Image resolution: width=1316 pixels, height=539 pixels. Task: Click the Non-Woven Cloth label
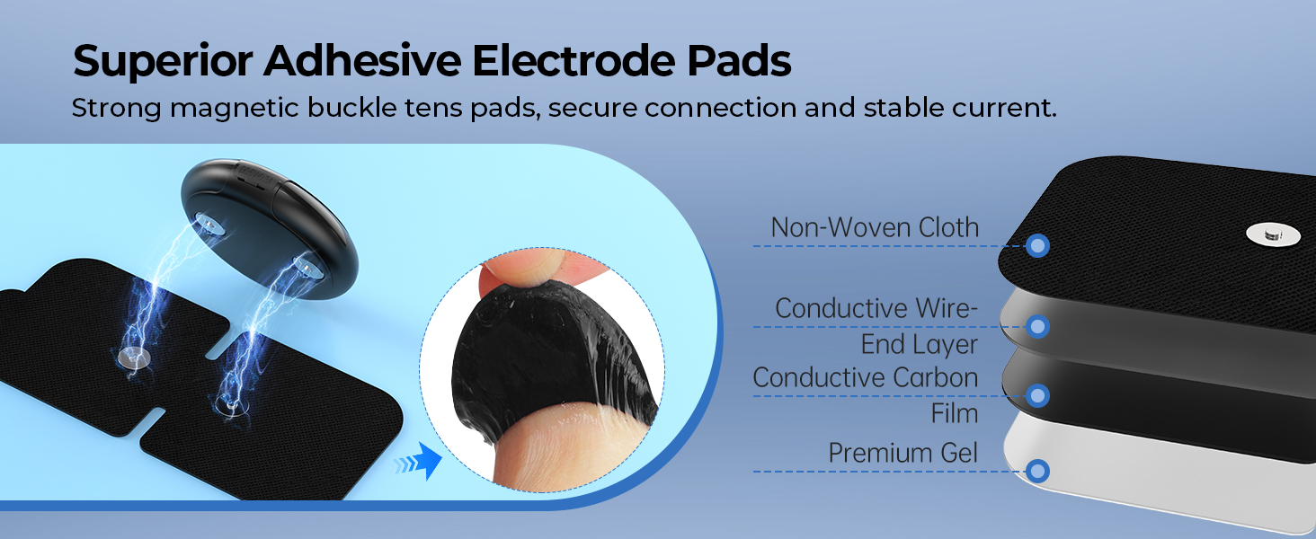click(875, 228)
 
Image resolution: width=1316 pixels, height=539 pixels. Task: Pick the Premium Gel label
click(903, 454)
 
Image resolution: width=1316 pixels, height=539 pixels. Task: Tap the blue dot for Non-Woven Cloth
click(1038, 245)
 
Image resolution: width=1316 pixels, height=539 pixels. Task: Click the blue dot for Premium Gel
click(1038, 470)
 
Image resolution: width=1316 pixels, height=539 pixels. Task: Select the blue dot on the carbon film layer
click(1038, 395)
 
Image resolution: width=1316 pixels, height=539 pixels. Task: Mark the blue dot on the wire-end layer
click(1038, 326)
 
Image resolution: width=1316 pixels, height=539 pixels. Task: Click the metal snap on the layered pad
click(1272, 234)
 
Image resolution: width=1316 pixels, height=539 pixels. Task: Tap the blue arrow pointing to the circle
click(419, 464)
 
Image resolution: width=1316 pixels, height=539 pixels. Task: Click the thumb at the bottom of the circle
click(539, 458)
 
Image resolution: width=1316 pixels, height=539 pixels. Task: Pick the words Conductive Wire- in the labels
click(876, 309)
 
